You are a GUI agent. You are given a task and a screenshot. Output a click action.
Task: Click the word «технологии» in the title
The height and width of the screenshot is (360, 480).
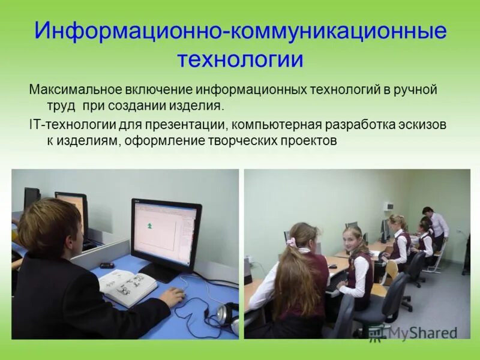(x=240, y=60)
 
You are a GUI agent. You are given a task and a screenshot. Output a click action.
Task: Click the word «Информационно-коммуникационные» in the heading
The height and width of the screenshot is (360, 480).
(x=240, y=31)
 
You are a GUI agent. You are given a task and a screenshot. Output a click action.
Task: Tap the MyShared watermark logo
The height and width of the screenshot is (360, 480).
(x=414, y=333)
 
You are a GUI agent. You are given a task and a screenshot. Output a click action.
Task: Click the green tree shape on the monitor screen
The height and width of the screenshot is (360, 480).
(x=149, y=226)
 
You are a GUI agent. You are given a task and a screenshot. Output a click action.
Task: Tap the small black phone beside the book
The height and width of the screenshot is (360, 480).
(x=107, y=265)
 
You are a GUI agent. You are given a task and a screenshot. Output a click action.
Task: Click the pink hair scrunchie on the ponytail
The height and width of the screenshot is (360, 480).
(x=291, y=242)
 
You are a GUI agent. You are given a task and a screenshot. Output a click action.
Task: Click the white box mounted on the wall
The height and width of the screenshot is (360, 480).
(x=388, y=206)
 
